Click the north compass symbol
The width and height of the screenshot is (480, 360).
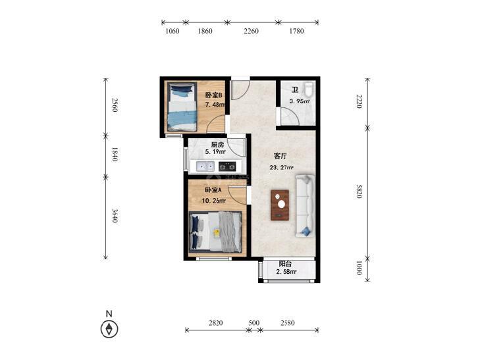coord(109,329)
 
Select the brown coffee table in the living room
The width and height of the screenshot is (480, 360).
coord(280,205)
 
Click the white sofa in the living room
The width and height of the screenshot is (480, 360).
coord(305,206)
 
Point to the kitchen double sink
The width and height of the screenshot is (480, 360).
coord(205,167)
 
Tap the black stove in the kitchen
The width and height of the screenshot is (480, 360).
coord(227,167)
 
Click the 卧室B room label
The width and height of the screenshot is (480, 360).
coord(213,95)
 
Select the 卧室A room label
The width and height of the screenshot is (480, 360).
coord(213,190)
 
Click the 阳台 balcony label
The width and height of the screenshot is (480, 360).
coord(285,264)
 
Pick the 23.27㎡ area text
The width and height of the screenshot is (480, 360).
coord(281,167)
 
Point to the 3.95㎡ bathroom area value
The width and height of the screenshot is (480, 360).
coord(300,101)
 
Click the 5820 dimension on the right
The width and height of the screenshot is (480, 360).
coord(360,191)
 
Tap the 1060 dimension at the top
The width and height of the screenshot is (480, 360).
coord(173,31)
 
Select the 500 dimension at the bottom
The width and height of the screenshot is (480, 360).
coord(254,322)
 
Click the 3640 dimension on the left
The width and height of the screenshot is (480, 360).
coord(115,215)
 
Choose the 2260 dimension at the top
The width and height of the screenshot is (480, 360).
coord(251,31)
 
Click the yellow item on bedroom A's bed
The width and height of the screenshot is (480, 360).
coord(217,233)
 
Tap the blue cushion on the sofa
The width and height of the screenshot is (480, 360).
coord(306,232)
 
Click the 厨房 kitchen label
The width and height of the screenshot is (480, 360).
coord(218,144)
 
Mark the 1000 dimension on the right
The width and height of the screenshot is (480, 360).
coord(360,268)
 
